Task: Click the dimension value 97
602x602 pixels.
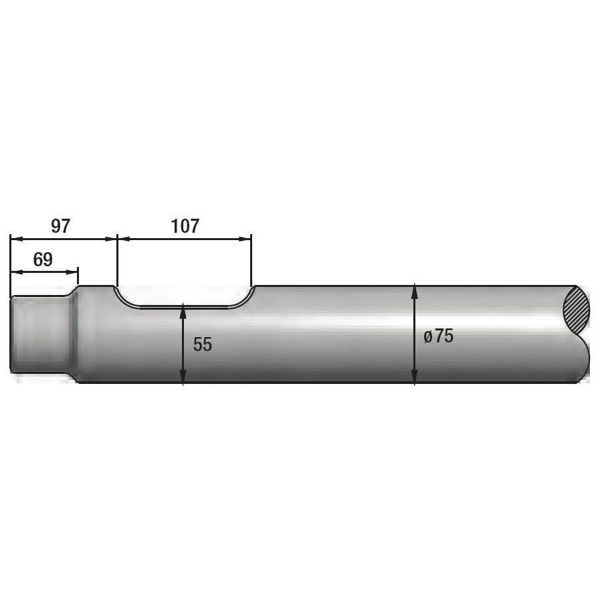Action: coord(60,226)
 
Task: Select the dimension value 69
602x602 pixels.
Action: coord(43,260)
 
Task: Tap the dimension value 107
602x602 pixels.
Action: coord(185,226)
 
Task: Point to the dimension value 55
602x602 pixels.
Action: coord(202,344)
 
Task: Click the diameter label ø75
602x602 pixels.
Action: coord(438,336)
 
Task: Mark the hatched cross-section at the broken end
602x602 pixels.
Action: coord(577,308)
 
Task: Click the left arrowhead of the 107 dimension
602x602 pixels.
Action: coord(123,239)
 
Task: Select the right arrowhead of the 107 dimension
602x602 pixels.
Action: coord(245,239)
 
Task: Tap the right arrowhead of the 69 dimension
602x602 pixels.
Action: coord(73,272)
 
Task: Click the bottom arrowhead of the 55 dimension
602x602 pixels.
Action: coord(183,378)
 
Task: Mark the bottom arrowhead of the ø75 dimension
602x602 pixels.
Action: coord(415,378)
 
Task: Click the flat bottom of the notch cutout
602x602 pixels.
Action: coord(184,308)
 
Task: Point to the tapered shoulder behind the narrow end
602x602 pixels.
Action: coord(72,334)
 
